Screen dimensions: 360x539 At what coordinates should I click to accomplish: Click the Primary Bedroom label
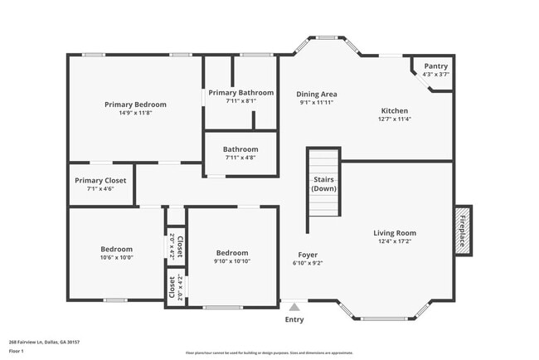click(135, 105)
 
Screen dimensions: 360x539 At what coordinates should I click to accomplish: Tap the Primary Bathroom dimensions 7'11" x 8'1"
click(240, 101)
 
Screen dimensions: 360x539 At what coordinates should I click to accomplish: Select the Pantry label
click(436, 66)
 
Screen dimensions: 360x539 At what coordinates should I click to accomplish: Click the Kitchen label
click(394, 110)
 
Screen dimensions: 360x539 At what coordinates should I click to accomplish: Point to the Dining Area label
click(317, 94)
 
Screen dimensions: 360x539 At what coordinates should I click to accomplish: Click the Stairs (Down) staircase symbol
click(323, 182)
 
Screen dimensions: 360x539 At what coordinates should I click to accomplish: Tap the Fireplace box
click(463, 229)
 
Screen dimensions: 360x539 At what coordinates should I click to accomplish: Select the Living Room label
click(395, 233)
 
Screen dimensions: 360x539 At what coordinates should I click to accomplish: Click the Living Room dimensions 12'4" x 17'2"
click(395, 241)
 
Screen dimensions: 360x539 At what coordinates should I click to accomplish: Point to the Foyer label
click(308, 255)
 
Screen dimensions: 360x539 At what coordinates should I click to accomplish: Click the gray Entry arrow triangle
click(294, 306)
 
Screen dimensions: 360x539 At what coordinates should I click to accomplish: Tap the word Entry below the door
click(294, 319)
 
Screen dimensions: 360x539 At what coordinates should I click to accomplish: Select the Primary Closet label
click(100, 180)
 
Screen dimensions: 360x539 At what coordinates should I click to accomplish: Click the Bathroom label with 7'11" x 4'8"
click(240, 149)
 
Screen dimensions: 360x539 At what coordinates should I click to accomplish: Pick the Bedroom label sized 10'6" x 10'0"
click(117, 249)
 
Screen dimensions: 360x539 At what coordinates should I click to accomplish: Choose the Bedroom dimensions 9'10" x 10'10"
click(232, 261)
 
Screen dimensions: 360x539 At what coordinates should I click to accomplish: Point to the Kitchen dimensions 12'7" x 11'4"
click(394, 119)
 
